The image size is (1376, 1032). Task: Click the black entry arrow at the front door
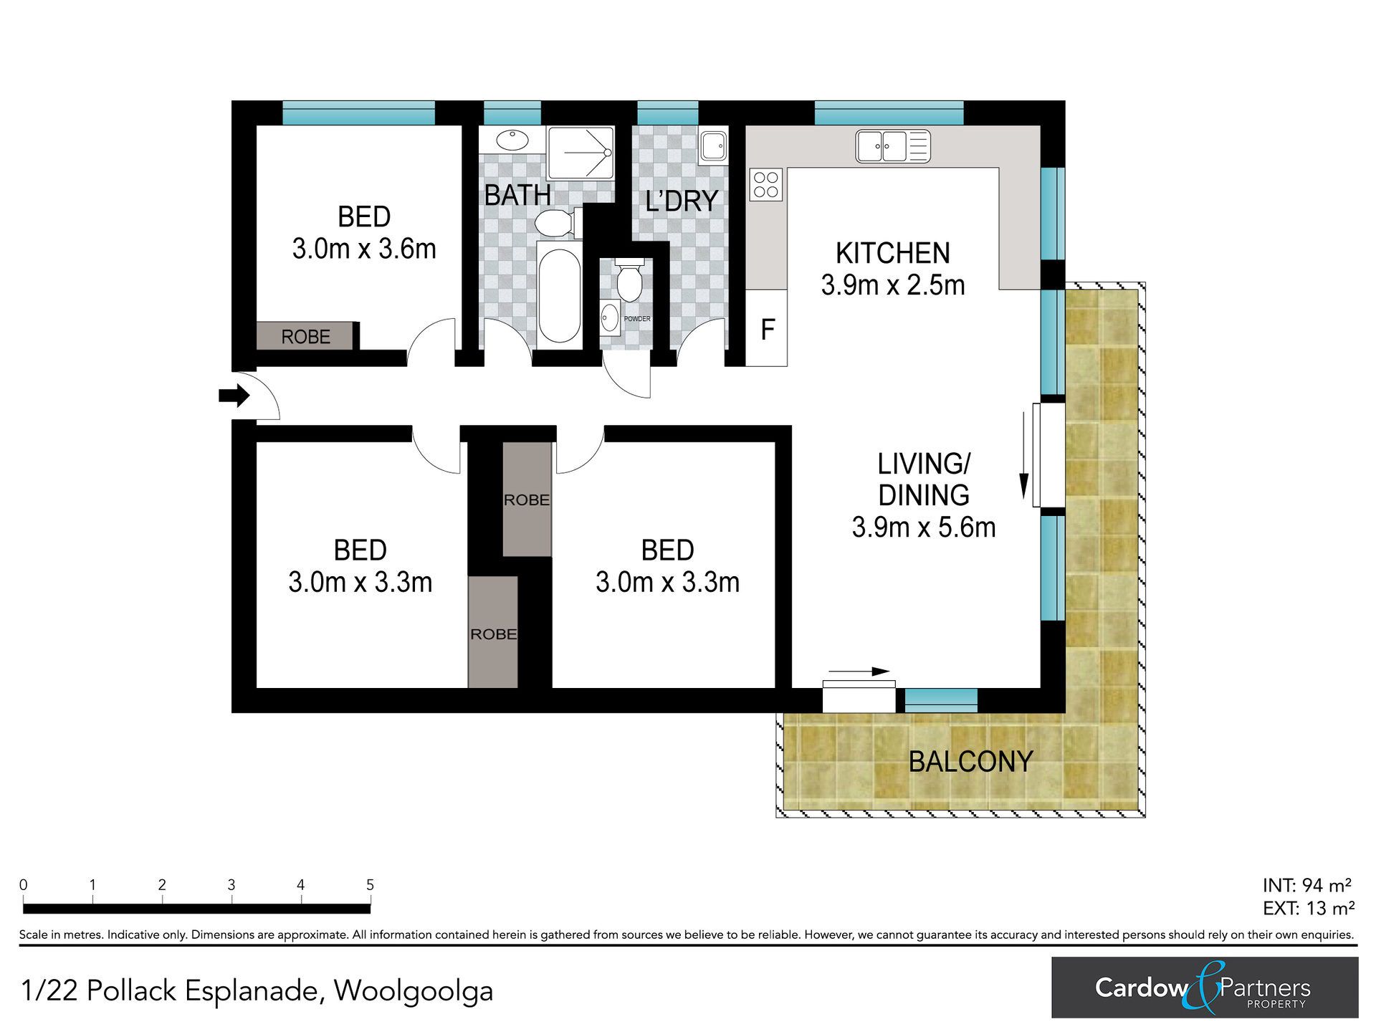point(234,396)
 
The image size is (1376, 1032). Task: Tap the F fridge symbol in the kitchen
point(768,329)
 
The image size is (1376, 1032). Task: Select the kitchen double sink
point(893,146)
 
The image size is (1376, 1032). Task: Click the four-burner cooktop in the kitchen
point(766,184)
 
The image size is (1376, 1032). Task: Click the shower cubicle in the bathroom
point(580,153)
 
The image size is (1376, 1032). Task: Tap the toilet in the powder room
point(629,279)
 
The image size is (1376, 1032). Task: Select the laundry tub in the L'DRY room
point(714,146)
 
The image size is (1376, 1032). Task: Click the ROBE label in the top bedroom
point(306,337)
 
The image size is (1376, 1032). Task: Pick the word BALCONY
point(970,761)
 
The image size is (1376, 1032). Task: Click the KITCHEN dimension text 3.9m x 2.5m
point(893,285)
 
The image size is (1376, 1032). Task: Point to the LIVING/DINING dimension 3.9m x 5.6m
point(924,527)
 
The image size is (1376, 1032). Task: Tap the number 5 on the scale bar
point(370,885)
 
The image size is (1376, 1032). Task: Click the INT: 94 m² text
point(1307,885)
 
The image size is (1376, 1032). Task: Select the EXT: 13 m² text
point(1309,909)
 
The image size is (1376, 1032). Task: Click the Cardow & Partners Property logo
point(1205,988)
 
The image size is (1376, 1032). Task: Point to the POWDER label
point(637,319)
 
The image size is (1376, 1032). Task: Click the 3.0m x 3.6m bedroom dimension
point(364,249)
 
